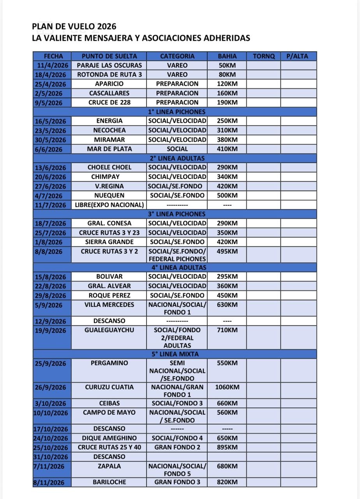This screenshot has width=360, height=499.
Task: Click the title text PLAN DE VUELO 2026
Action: pos(74,27)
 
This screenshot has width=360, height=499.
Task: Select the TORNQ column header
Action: pos(264,56)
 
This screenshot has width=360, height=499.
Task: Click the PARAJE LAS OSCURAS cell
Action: pos(109,65)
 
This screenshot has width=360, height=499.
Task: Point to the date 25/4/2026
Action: pos(52,84)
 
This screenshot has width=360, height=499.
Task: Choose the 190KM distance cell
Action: pos(227,103)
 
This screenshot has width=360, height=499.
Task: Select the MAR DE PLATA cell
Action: pos(109,149)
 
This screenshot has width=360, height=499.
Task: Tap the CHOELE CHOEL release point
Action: pos(109,167)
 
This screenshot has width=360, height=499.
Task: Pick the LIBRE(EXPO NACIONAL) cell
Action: pos(109,205)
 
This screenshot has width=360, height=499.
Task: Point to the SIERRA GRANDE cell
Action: pos(109,242)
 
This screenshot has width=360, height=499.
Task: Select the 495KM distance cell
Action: pos(227,251)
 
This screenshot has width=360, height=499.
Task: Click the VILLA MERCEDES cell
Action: pos(109,305)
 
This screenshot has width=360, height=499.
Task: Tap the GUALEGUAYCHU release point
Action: pos(109,330)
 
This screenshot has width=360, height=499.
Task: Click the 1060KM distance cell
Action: pos(227,387)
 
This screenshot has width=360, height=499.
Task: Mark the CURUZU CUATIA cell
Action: pos(109,387)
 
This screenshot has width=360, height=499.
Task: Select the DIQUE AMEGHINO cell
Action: pos(109,438)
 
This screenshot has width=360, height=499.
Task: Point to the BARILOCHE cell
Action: pos(109,482)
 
